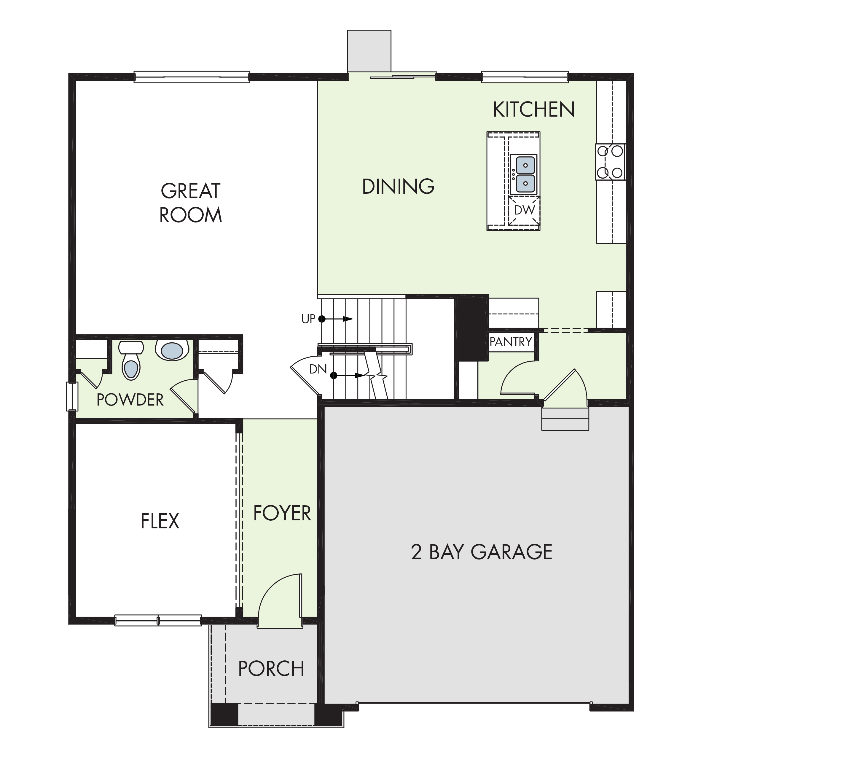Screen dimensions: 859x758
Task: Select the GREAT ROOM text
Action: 190,203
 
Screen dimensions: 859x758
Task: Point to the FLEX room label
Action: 160,521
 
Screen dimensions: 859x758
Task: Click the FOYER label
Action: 282,513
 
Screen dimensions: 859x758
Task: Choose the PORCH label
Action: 271,668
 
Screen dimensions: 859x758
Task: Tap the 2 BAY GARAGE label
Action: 482,552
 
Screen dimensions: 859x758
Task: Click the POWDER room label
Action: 130,400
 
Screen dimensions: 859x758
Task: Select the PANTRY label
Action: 511,342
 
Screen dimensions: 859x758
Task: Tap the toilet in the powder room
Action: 131,360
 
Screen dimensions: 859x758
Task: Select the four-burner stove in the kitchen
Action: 610,162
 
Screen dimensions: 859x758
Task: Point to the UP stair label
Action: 308,319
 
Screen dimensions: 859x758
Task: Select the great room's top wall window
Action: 192,77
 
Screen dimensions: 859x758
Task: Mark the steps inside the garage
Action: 565,419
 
